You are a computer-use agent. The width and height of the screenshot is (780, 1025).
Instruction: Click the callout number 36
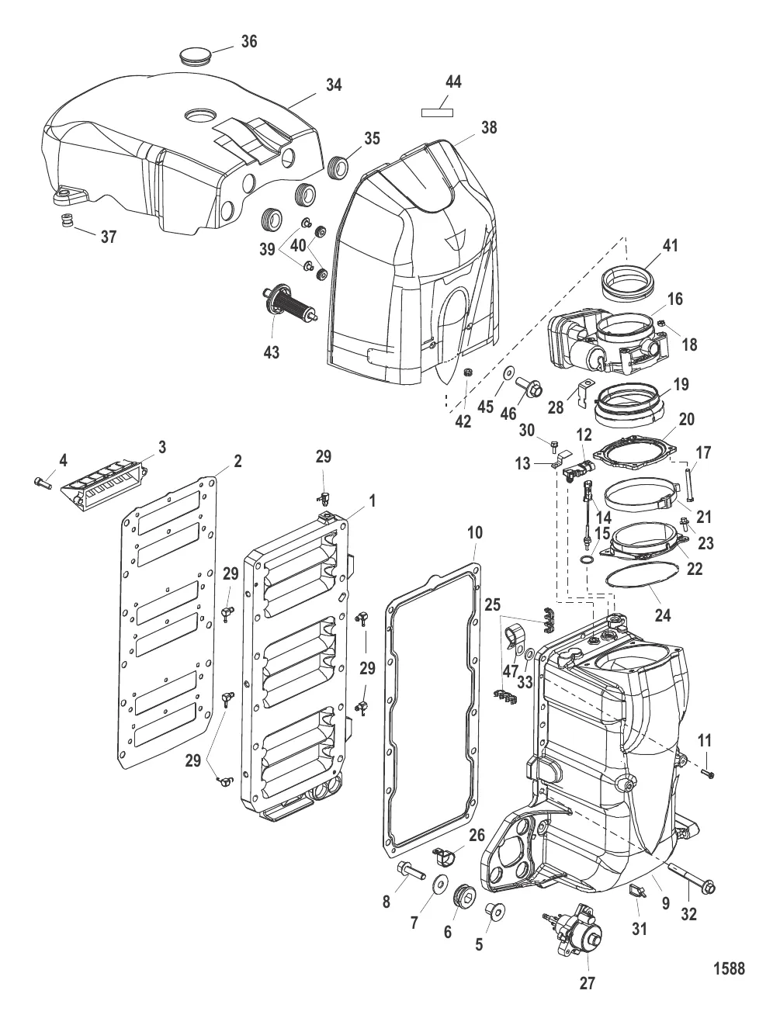(248, 41)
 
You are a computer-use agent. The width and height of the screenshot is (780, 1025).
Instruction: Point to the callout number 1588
(729, 968)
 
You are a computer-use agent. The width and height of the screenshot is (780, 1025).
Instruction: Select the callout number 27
(588, 983)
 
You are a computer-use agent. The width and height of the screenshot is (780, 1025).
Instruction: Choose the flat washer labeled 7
(440, 882)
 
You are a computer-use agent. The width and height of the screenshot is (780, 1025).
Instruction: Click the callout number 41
(670, 246)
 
